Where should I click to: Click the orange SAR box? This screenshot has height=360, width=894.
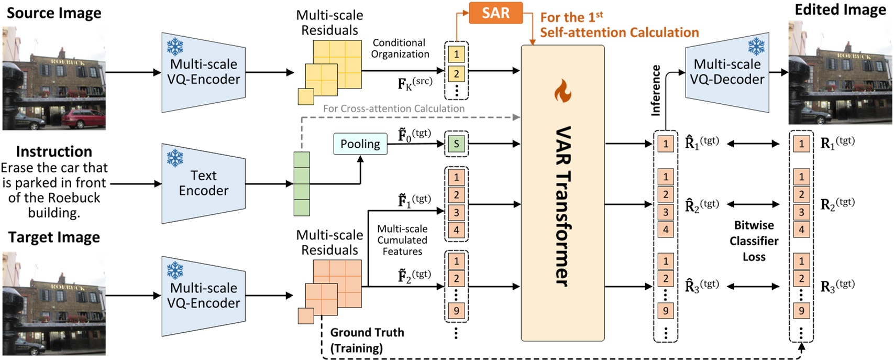pos(495,13)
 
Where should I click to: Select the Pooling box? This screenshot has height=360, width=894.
pos(360,144)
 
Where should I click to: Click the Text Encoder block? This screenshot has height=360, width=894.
pos(204,183)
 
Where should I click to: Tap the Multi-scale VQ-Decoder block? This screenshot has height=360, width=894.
pos(727,72)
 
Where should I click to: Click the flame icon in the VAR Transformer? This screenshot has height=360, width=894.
pos(562,91)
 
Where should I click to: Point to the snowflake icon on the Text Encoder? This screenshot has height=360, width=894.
pos(175,158)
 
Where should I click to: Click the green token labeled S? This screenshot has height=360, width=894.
pos(456,144)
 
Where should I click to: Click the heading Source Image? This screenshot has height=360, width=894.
pos(53,13)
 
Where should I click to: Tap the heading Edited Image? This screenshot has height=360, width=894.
pos(840,10)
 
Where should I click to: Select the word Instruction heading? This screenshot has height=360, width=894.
pos(54,151)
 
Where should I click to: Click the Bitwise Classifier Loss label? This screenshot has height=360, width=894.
pos(754,241)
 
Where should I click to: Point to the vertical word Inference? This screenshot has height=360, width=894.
pos(655,91)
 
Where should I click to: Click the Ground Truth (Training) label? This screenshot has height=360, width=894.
pos(367,340)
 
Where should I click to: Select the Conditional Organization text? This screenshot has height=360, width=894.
pos(400,48)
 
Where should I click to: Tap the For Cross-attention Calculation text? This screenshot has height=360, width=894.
pos(393,108)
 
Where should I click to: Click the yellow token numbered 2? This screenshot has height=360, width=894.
pos(456,73)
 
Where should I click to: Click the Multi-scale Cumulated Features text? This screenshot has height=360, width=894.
pos(402,240)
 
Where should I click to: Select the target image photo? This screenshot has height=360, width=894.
pos(54,303)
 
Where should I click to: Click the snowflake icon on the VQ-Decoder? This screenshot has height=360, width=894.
pos(756,47)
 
